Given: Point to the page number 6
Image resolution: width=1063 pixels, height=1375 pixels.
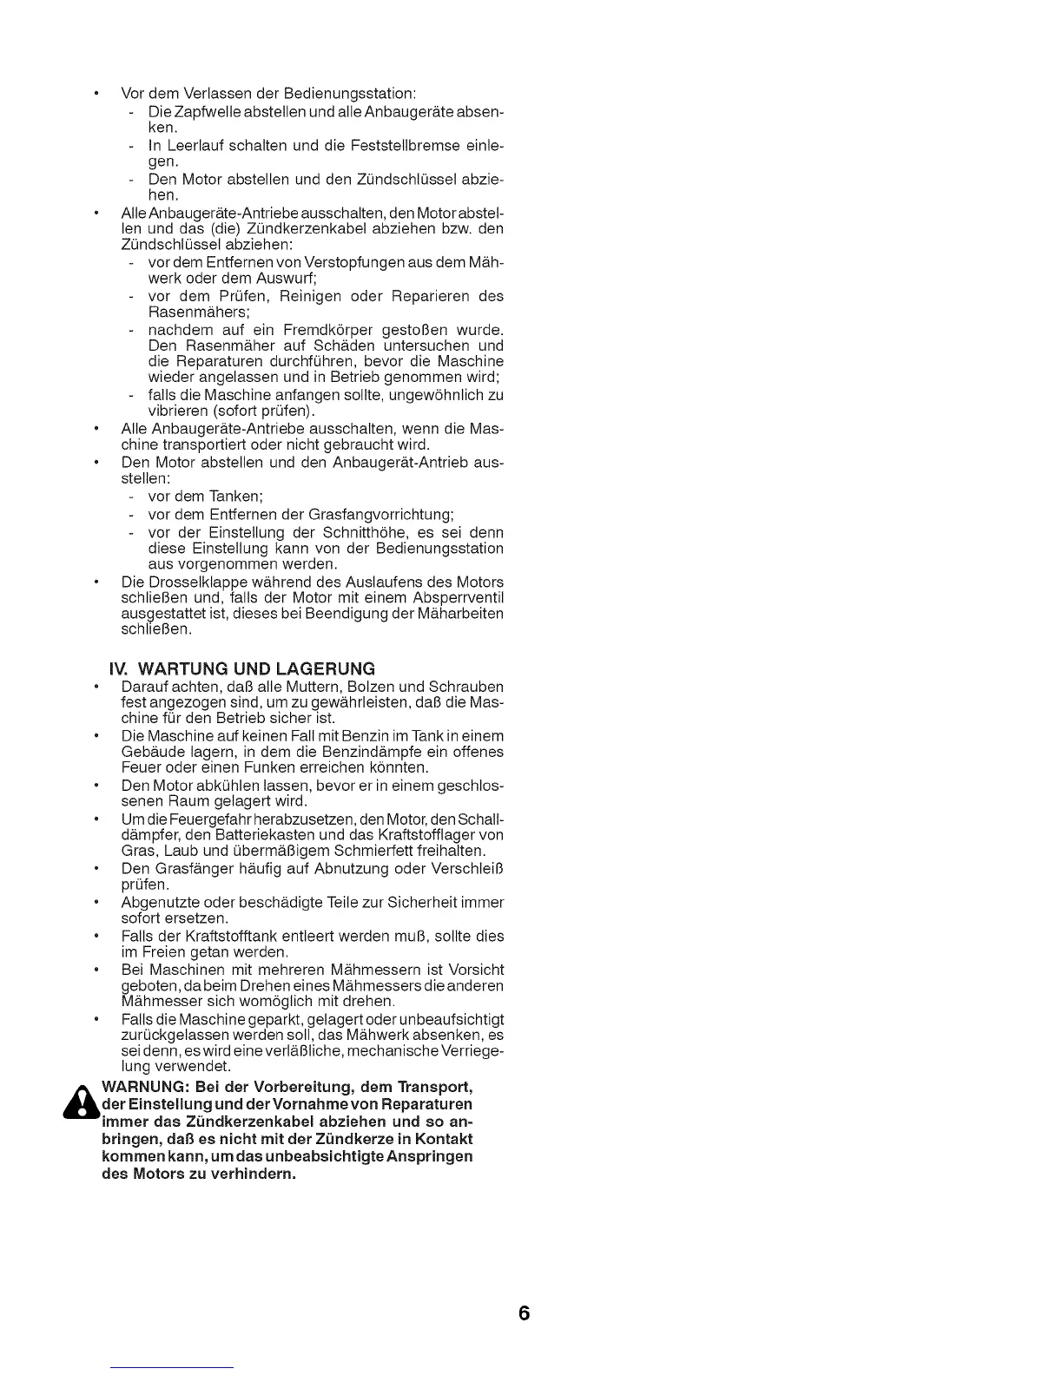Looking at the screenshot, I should click(524, 1313).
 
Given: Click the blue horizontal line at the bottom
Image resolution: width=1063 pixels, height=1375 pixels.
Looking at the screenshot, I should click(173, 1366).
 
